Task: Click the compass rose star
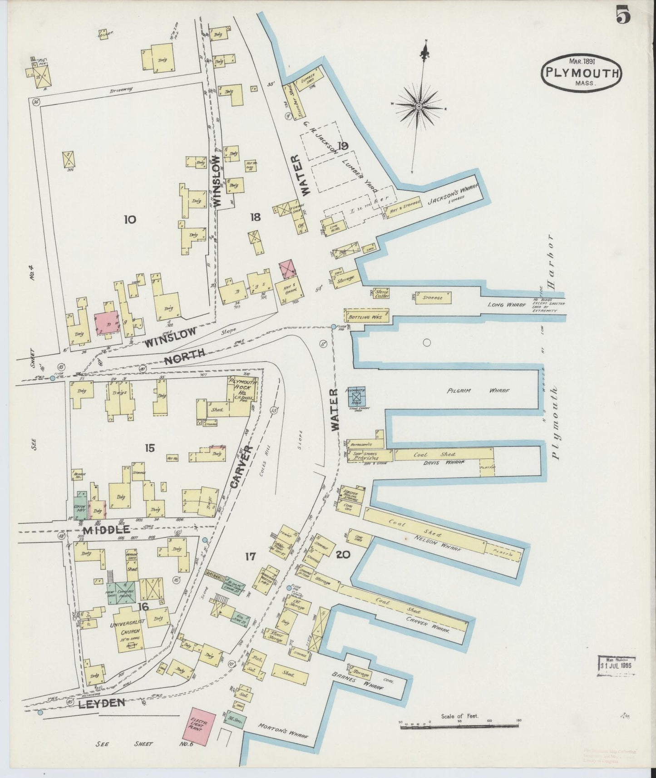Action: coord(419,106)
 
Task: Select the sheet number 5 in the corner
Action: coord(624,16)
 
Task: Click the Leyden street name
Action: coord(104,704)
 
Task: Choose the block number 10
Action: coord(129,220)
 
